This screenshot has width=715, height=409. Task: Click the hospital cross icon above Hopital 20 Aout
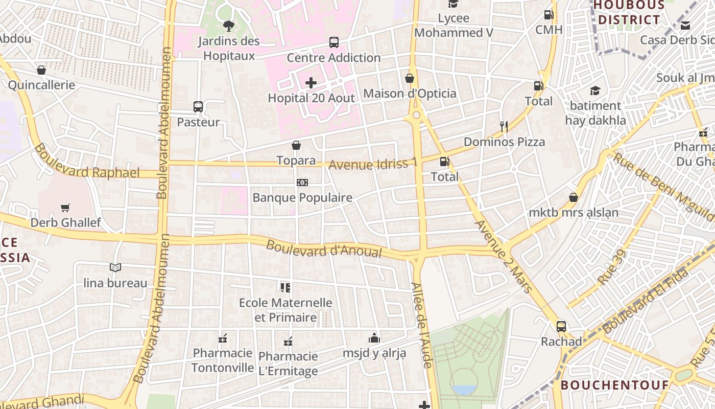pyautogui.click(x=311, y=83)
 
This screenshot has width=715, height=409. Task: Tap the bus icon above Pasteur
pyautogui.click(x=198, y=107)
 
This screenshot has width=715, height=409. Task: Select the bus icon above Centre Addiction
pyautogui.click(x=334, y=42)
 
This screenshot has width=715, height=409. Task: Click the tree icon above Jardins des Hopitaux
pyautogui.click(x=228, y=26)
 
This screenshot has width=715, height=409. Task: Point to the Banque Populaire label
pyautogui.click(x=302, y=197)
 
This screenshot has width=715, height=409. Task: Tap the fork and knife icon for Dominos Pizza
pyautogui.click(x=504, y=126)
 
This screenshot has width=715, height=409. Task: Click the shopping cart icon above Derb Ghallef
pyautogui.click(x=65, y=208)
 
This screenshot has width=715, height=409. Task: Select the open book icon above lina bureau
pyautogui.click(x=115, y=267)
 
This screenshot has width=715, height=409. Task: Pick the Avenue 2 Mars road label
pyautogui.click(x=504, y=256)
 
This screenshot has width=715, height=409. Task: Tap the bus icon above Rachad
pyautogui.click(x=561, y=326)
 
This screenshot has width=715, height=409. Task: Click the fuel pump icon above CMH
pyautogui.click(x=549, y=15)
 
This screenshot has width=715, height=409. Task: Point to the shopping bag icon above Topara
pyautogui.click(x=296, y=145)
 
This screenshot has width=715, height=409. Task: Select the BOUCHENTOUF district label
pyautogui.click(x=615, y=385)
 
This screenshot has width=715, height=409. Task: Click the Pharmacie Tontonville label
pyautogui.click(x=223, y=360)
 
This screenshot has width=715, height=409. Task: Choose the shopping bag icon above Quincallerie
pyautogui.click(x=41, y=70)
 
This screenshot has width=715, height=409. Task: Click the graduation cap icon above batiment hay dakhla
pyautogui.click(x=595, y=91)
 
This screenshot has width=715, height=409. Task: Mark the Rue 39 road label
pyautogui.click(x=611, y=267)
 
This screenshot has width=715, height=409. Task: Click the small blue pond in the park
pyautogui.click(x=463, y=390)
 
